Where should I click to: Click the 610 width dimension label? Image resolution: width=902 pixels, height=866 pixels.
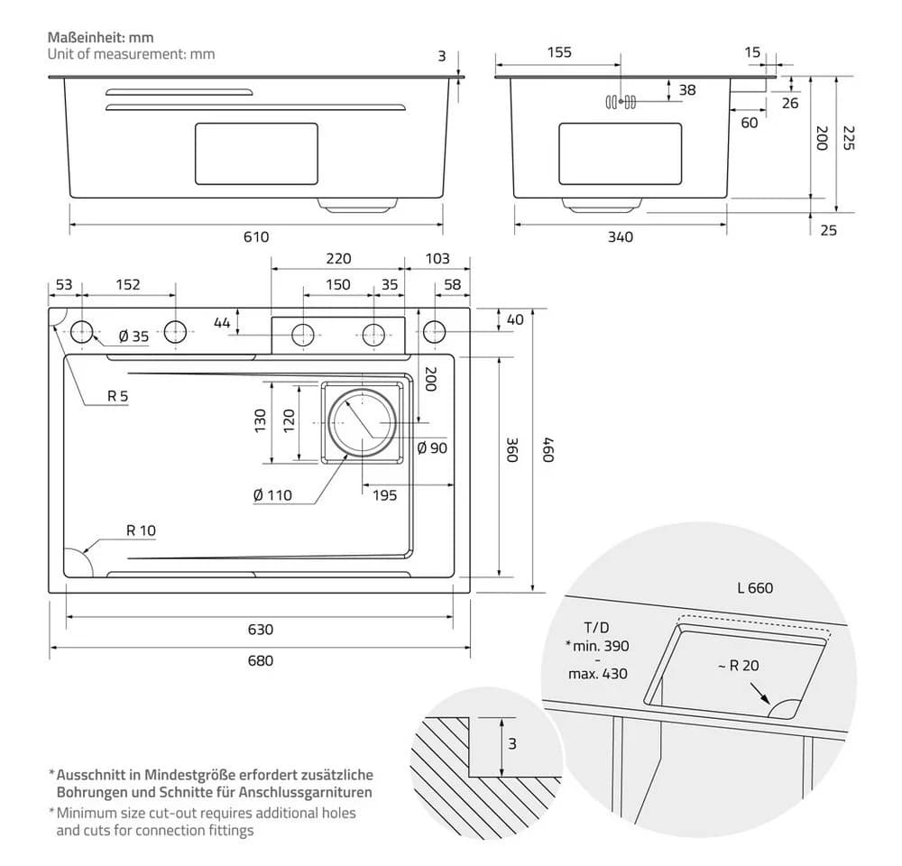click(x=256, y=236)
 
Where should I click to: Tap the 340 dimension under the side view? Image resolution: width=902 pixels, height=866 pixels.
click(x=621, y=236)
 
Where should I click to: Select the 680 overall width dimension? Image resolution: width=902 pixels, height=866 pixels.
click(x=260, y=660)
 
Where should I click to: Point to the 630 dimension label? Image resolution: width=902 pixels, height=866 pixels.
click(x=260, y=629)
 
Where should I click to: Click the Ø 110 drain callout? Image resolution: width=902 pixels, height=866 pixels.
click(x=272, y=495)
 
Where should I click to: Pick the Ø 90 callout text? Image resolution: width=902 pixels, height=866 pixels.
click(x=432, y=447)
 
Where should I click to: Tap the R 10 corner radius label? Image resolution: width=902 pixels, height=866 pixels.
click(x=141, y=530)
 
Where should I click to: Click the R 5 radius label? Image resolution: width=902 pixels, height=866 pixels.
click(x=117, y=396)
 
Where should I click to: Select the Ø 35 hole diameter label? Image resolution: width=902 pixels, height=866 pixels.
click(x=133, y=336)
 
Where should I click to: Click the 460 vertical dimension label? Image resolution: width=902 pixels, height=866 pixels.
click(x=548, y=449)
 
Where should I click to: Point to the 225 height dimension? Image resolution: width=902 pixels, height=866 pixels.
click(x=849, y=137)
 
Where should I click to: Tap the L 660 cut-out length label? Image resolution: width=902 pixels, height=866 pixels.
click(x=755, y=587)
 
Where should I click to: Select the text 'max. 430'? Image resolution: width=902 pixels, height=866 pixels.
click(x=598, y=673)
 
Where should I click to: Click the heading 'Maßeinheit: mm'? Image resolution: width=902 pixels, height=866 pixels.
click(x=101, y=37)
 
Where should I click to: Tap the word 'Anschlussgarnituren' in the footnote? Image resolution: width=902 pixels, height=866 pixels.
click(x=305, y=792)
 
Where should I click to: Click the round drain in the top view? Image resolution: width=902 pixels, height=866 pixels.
click(x=362, y=423)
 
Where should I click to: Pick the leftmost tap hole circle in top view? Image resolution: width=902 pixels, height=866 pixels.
click(x=82, y=332)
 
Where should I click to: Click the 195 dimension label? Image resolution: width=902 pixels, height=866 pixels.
click(x=384, y=495)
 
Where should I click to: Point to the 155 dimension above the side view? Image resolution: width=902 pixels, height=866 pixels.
click(x=559, y=52)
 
